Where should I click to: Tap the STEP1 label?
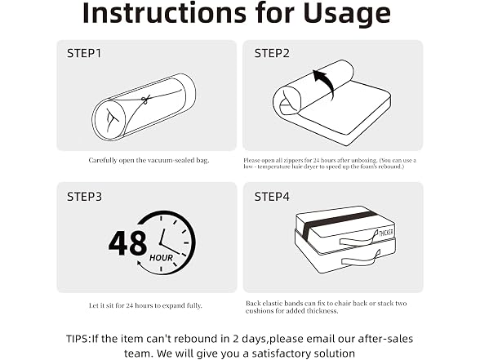pyautogui.click(x=84, y=53)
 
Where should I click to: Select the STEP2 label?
pyautogui.click(x=272, y=53)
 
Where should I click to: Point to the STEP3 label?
pyautogui.click(x=84, y=197)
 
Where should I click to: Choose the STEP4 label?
pyautogui.click(x=272, y=197)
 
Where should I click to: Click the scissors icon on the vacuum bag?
pyautogui.click(x=145, y=100)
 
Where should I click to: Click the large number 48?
pyautogui.click(x=127, y=243)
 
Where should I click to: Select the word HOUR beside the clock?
pyautogui.click(x=161, y=258)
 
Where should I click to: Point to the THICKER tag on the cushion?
pyautogui.click(x=385, y=233)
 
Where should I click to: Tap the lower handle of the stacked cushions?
pyautogui.click(x=361, y=260)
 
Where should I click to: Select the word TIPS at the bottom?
pyautogui.click(x=78, y=339)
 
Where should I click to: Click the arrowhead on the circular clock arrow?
pyautogui.click(x=140, y=263)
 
